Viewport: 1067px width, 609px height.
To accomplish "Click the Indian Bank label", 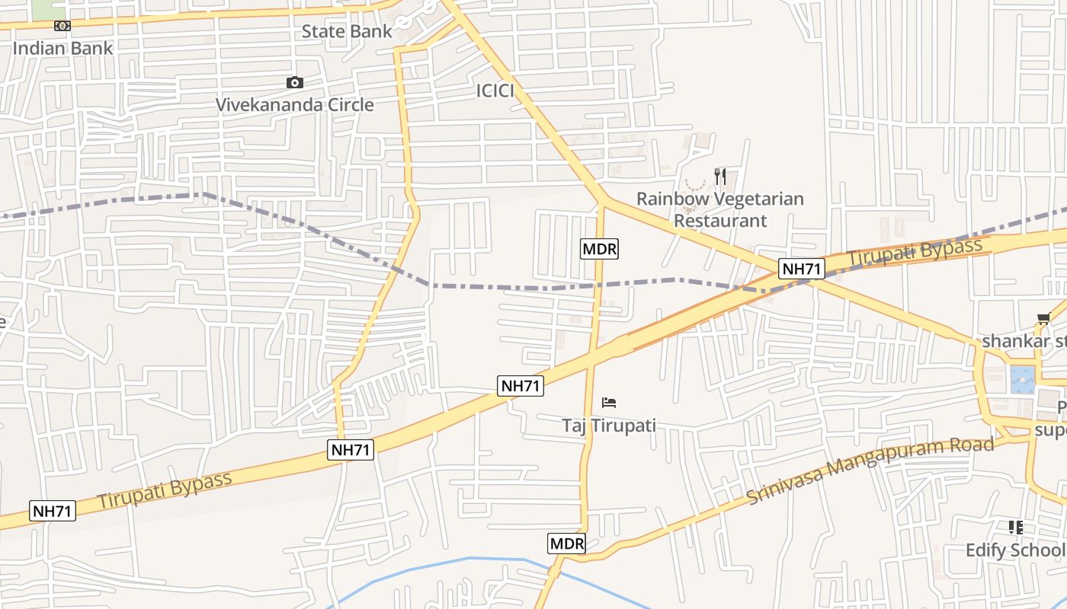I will (x=62, y=48).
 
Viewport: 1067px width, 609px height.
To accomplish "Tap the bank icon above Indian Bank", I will (x=62, y=26).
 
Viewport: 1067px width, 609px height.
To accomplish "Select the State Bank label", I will (x=347, y=31).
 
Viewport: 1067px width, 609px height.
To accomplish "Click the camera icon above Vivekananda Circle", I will (x=295, y=83).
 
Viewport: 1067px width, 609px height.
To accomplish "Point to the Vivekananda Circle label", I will (x=295, y=105).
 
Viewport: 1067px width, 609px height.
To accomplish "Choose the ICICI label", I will (x=495, y=91).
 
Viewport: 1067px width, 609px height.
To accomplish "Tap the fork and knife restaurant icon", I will (x=720, y=177).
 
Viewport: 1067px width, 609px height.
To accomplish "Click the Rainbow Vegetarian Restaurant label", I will (x=720, y=209).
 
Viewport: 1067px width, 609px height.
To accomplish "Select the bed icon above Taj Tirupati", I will (x=609, y=403).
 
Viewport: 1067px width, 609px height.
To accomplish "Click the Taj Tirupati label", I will (x=609, y=425).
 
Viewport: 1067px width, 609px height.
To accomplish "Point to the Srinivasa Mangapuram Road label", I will (x=870, y=469).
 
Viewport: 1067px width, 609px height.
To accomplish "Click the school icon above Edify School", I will (x=1015, y=527).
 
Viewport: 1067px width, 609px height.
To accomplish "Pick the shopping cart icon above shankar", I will (x=1043, y=319).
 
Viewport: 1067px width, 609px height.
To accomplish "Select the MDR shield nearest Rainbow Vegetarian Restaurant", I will (x=599, y=248).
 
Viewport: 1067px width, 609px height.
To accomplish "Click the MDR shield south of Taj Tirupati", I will (x=567, y=544).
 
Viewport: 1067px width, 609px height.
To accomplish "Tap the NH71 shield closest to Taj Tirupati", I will (x=521, y=386).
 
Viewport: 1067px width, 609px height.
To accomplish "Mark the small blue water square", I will (x=1022, y=379).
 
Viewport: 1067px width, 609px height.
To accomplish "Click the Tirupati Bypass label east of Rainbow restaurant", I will (x=915, y=252).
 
